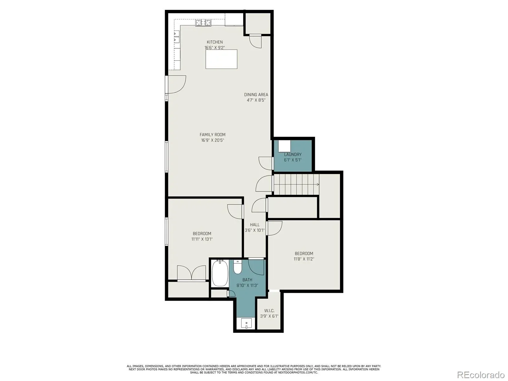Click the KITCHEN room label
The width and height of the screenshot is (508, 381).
(x=215, y=42)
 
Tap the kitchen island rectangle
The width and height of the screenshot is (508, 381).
(x=221, y=59)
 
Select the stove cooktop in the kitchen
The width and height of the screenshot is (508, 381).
(x=204, y=23)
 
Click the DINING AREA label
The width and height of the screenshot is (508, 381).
(x=256, y=95)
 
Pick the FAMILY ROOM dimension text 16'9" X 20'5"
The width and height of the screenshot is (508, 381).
(x=212, y=140)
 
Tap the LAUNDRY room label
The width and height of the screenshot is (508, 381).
(x=293, y=155)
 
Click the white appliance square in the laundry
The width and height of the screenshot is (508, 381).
(x=284, y=146)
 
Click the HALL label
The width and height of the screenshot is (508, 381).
(x=255, y=224)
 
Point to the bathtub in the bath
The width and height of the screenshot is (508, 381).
(x=220, y=273)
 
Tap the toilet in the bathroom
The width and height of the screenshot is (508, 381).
(x=237, y=267)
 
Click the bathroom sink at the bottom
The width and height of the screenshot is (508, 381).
(x=246, y=323)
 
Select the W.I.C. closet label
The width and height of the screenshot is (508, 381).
(x=269, y=311)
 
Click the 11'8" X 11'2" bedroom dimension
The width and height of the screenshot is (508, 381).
(x=304, y=259)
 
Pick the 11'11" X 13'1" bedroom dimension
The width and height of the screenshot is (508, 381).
(x=202, y=239)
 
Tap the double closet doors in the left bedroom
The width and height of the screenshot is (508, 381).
(x=191, y=273)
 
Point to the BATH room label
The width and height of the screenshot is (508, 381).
(x=247, y=280)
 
